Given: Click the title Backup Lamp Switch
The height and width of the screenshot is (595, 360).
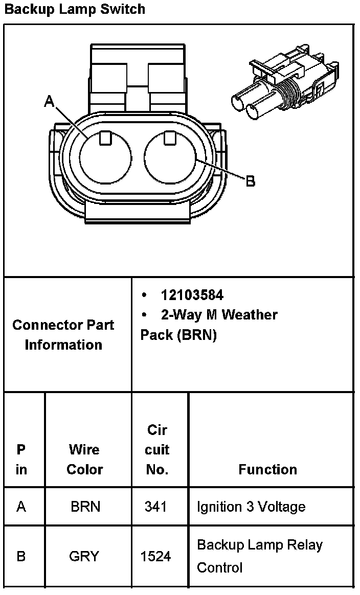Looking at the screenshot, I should pos(75,9).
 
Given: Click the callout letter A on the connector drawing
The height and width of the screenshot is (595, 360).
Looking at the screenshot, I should pos(50,102).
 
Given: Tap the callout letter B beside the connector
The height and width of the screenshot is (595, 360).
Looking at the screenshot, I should pos(251,181).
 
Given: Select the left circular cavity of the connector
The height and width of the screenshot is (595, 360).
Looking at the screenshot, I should pos(105,158).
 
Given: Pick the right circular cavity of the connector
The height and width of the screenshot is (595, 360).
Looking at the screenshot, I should pos(171,158).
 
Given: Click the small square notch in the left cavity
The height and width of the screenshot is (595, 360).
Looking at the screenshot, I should pos(105,137).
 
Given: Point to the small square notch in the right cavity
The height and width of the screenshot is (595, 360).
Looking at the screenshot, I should pos(171,137).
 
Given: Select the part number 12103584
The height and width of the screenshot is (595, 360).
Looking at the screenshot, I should pos(192,295).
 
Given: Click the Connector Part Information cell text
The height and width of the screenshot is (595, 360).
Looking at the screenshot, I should pos(63,334).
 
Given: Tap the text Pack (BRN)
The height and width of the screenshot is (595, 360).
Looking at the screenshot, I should pos(178,335).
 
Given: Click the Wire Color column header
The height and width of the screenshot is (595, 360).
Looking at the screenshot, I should pos(85,459).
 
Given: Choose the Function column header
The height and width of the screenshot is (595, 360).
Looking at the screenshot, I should pos(267,469).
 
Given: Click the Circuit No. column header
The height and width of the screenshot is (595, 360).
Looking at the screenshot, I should pos(157,450).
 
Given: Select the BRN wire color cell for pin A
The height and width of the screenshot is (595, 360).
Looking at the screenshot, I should pos(85,507).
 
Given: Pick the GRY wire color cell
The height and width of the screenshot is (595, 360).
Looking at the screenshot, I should pos(84,556).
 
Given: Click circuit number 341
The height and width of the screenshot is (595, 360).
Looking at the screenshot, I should pos(155,507).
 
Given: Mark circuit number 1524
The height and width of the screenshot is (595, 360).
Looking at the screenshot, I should pos(155,556).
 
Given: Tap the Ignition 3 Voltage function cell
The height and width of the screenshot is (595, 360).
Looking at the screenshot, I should pos(251,507).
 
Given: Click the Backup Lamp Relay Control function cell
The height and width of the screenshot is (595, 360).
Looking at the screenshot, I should pos(260,556).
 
